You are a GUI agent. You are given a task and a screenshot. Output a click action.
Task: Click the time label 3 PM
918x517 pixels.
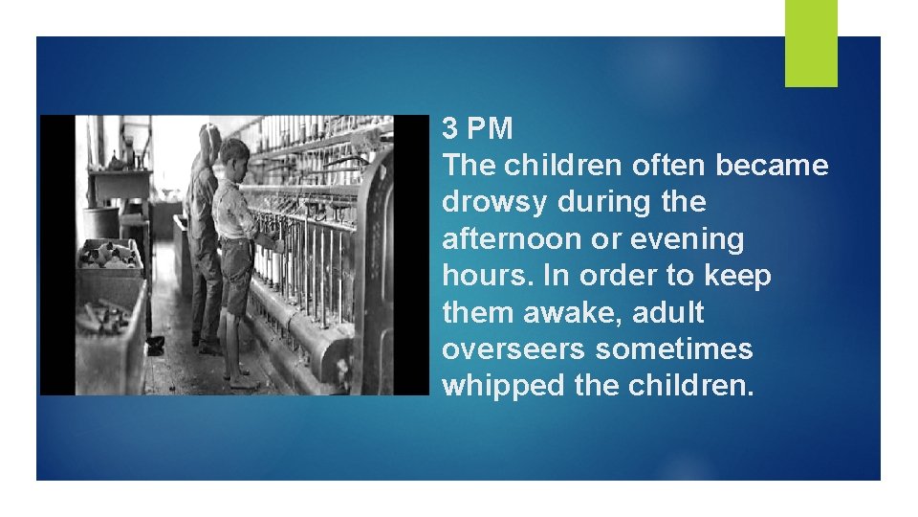coord(478,128)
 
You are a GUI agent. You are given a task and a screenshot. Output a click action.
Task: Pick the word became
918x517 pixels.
coord(774,166)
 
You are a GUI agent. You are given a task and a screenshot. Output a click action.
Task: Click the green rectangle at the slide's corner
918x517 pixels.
coord(811,43)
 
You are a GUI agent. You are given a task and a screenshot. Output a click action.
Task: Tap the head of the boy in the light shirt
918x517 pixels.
coord(234,152)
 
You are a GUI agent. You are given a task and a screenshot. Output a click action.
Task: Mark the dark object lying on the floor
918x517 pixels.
coord(155,344)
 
